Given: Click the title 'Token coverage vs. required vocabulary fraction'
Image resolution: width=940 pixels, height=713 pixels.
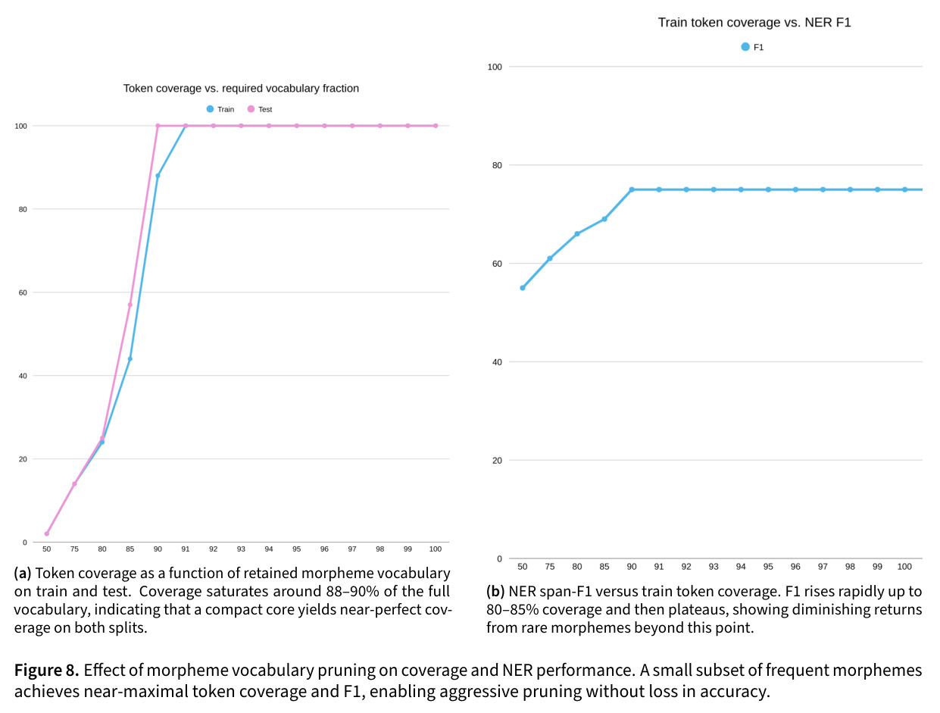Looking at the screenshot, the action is click(x=241, y=88).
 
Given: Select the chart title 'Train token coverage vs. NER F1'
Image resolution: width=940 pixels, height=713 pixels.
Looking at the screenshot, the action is click(x=754, y=22).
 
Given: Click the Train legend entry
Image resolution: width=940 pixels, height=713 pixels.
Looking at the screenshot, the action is click(x=220, y=109).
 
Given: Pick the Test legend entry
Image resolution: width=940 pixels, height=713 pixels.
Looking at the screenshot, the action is click(x=260, y=109).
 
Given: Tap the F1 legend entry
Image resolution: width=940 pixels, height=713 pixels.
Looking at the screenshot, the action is click(x=752, y=47).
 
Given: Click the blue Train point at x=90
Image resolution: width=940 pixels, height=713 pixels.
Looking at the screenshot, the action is click(x=158, y=176).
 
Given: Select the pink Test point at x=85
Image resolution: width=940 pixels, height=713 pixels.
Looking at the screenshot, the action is click(x=130, y=305).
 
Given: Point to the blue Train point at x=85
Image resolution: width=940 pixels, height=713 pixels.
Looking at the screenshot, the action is click(x=130, y=359).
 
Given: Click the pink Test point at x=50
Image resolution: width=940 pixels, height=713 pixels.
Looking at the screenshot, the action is click(x=47, y=533).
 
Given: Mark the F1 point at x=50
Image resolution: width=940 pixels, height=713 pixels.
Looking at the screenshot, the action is click(x=523, y=288).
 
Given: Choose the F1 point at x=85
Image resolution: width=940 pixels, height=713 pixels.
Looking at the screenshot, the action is click(x=604, y=219).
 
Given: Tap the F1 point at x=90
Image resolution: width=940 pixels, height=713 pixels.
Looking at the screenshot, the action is click(x=632, y=189).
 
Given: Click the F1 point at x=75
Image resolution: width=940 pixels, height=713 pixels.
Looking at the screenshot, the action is click(x=550, y=258).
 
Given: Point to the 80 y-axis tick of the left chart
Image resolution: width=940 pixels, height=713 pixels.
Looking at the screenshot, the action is click(x=23, y=209).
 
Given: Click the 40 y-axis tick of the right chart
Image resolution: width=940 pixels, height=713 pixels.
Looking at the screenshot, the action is click(x=497, y=362).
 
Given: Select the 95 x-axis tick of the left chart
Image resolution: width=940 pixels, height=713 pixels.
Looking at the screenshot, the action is click(x=296, y=549).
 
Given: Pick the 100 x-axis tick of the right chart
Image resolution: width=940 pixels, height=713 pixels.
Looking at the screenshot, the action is click(x=904, y=567).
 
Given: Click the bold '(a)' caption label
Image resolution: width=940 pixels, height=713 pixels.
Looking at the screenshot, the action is click(x=23, y=573).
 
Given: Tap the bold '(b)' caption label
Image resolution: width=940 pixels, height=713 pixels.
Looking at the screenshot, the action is click(x=495, y=591).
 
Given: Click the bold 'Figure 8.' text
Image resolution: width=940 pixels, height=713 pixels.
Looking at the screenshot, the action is click(x=47, y=670).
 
